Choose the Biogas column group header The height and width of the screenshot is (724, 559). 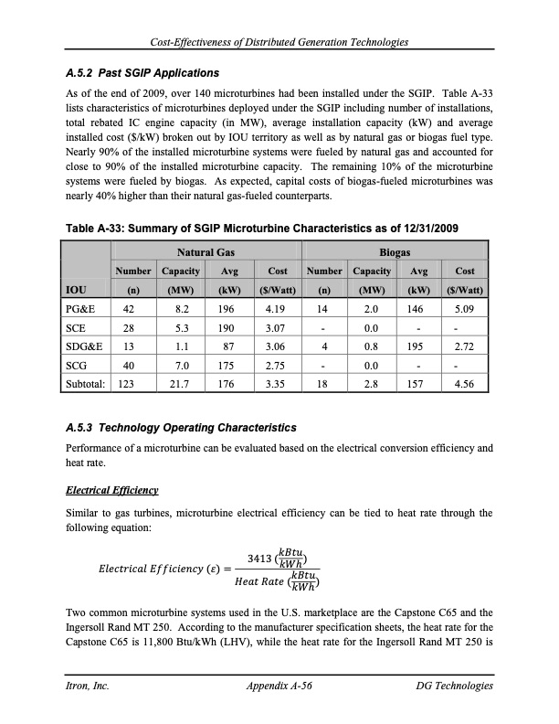click(x=396, y=251)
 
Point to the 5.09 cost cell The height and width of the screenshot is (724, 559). click(x=464, y=310)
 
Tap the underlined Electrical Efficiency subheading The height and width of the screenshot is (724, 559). click(x=112, y=491)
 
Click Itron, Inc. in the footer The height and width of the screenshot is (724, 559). click(x=89, y=686)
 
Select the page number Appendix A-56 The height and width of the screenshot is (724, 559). click(x=279, y=686)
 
